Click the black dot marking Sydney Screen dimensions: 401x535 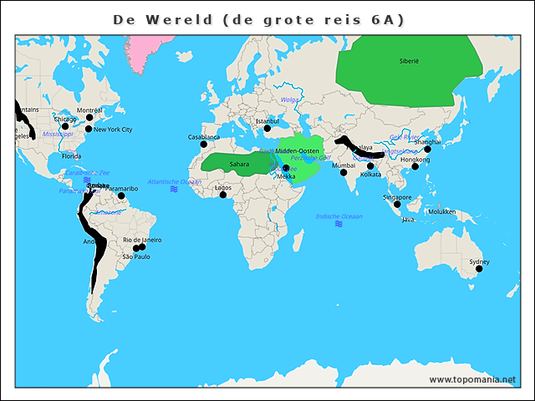tap(480, 268)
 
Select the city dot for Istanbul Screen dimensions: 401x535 tap(267, 128)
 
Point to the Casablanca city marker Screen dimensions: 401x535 tap(203, 144)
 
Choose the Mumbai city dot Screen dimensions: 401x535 tap(343, 172)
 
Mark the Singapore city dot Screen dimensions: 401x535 tap(398, 204)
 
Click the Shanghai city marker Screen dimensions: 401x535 tap(427, 149)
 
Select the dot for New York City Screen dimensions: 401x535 tap(89, 130)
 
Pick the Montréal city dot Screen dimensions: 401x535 tap(89, 117)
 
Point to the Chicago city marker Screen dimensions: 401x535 tap(66, 126)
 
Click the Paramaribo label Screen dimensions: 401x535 tap(122, 189)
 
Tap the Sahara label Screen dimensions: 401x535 tap(239, 165)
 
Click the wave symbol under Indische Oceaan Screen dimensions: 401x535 tap(339, 224)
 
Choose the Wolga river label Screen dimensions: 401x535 tap(289, 99)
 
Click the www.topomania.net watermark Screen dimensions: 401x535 tap(472, 379)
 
